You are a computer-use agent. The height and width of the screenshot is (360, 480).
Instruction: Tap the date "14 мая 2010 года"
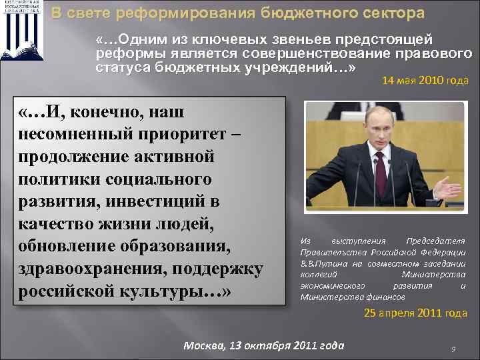coord(425,81)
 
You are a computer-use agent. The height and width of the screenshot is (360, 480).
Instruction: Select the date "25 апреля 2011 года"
coord(415,313)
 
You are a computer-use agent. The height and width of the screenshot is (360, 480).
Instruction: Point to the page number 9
coord(453,349)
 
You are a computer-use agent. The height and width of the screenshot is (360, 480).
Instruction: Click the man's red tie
coord(380,171)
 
